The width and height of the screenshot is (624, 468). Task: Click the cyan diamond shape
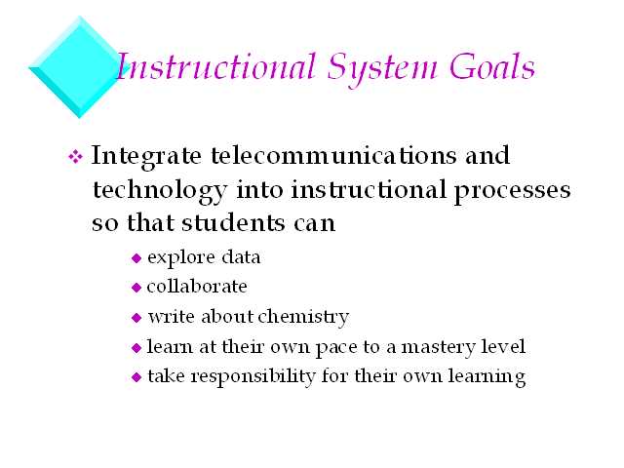(79, 67)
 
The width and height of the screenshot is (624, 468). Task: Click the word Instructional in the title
(215, 66)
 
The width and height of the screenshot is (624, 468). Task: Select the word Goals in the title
(492, 66)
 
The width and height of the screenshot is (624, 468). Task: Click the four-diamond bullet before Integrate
(75, 156)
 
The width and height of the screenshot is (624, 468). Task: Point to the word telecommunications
(333, 155)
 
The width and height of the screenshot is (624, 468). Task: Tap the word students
(233, 222)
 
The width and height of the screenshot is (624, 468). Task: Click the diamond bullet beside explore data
(136, 258)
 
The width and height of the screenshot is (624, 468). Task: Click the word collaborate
(197, 287)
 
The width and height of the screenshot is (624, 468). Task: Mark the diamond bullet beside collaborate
(136, 288)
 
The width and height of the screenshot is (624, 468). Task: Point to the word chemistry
(303, 318)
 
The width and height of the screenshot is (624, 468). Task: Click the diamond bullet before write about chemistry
(136, 318)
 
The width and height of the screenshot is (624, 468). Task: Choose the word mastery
(438, 348)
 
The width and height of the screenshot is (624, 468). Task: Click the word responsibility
(253, 377)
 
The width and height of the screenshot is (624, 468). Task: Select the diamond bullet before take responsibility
(136, 377)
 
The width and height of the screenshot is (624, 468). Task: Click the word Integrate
(146, 157)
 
